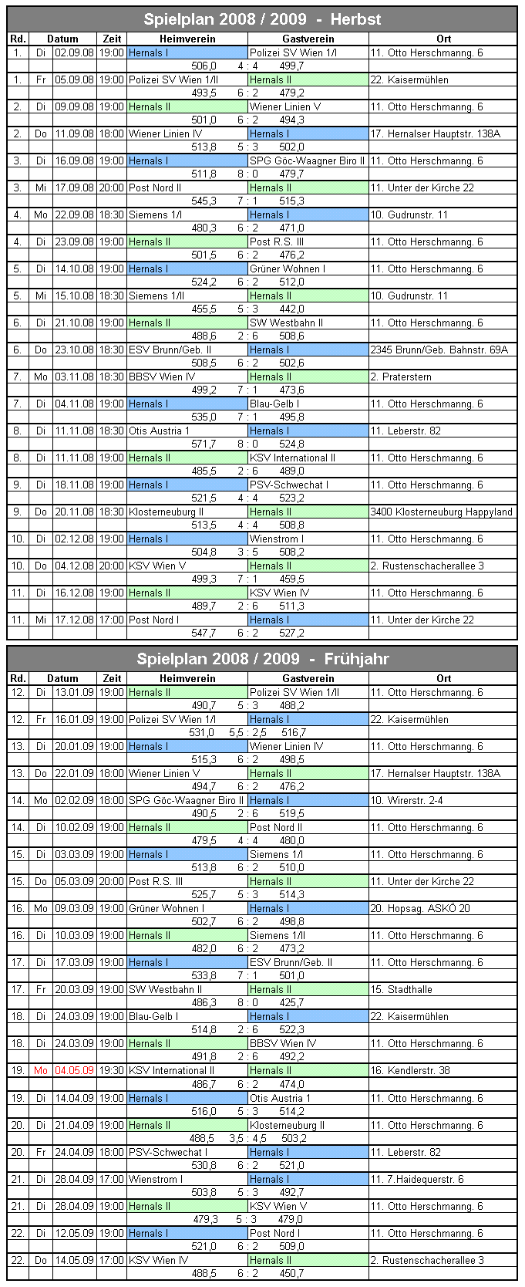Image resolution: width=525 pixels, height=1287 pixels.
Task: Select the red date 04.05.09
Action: pyautogui.click(x=74, y=1070)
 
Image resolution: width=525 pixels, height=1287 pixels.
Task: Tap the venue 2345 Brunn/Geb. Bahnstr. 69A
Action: pyautogui.click(x=439, y=350)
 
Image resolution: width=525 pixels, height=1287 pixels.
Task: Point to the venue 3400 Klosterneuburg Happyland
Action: pyautogui.click(x=441, y=512)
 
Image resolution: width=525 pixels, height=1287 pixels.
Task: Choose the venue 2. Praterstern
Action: pyautogui.click(x=401, y=377)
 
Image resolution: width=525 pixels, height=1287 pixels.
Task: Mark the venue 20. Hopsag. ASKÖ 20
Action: pyautogui.click(x=420, y=908)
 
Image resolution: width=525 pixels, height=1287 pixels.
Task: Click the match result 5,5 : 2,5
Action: pyautogui.click(x=247, y=732)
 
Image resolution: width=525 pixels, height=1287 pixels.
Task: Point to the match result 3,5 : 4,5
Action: pyautogui.click(x=247, y=1138)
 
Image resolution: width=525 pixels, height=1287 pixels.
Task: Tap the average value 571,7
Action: pyautogui.click(x=204, y=444)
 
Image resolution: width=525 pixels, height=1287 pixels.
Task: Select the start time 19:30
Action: pyautogui.click(x=111, y=1070)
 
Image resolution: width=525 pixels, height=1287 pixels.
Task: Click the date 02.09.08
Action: pyautogui.click(x=74, y=52)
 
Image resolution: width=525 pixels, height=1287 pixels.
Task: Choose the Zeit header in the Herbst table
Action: pyautogui.click(x=112, y=39)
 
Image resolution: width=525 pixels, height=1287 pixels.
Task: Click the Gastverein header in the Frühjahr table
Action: pyautogui.click(x=308, y=678)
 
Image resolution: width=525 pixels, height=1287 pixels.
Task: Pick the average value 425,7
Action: pyautogui.click(x=291, y=1002)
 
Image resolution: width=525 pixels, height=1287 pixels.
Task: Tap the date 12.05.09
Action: pyautogui.click(x=74, y=1233)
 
